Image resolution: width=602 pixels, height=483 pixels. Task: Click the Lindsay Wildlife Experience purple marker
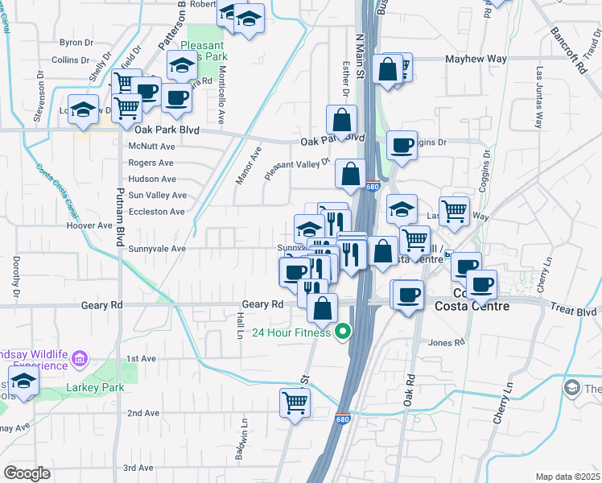(x=80, y=357)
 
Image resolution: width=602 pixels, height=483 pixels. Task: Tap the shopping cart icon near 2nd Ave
(x=295, y=402)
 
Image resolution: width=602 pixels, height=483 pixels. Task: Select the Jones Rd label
(x=447, y=343)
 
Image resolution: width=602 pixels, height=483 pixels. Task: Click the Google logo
(x=27, y=473)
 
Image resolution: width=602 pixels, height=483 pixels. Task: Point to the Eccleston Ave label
(x=157, y=212)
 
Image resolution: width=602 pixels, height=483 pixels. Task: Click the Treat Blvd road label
(x=573, y=310)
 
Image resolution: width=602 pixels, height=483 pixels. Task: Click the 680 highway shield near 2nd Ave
(x=344, y=419)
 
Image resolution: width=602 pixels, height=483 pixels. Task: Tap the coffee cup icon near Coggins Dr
(x=402, y=145)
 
